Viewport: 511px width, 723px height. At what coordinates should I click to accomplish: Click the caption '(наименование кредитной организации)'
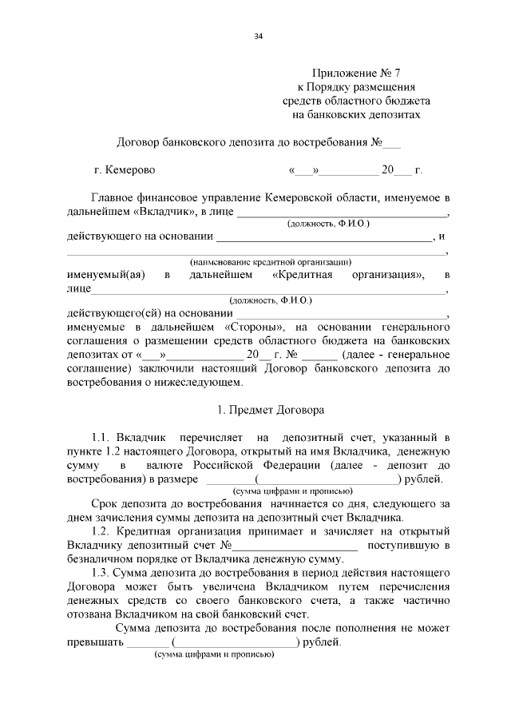[271, 261]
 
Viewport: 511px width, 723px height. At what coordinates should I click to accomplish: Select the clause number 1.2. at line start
[101, 532]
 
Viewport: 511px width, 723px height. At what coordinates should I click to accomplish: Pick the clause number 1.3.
[101, 573]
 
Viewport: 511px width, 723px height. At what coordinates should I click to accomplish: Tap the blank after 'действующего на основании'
[323, 236]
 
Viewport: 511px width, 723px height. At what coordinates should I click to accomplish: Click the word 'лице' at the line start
[79, 288]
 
